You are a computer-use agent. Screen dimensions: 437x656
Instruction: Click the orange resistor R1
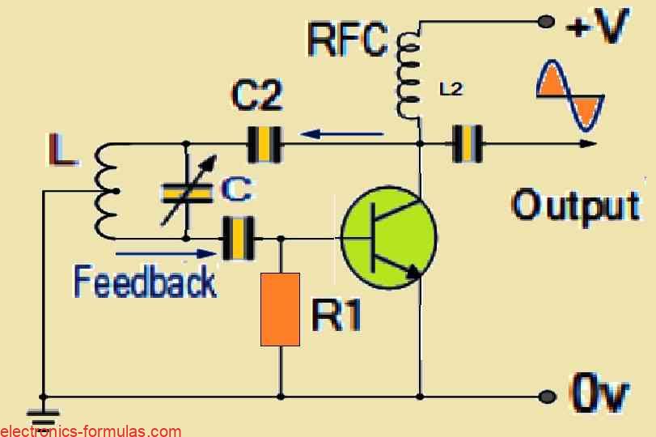280,309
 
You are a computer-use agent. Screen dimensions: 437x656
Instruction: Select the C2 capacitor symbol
264,144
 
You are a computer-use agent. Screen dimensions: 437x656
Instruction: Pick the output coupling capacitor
468,144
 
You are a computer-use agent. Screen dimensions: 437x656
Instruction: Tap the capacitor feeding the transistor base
239,239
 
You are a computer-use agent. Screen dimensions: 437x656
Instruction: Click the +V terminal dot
546,22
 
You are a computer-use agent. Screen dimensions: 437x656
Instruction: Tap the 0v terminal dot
548,397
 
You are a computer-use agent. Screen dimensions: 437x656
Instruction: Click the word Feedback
145,282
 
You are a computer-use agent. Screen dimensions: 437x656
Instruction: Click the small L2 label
451,90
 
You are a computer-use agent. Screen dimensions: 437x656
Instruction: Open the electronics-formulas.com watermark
91,431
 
